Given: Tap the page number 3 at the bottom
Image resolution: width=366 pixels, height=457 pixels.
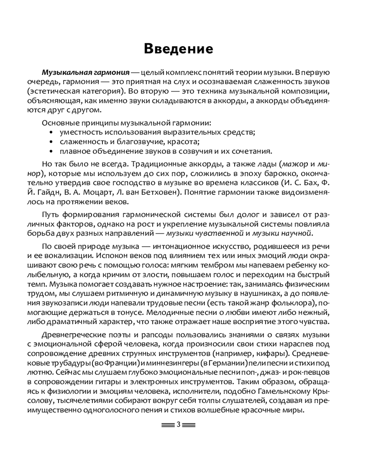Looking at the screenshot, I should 178,425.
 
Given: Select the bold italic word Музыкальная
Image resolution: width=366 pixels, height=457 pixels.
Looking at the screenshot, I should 64,73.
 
